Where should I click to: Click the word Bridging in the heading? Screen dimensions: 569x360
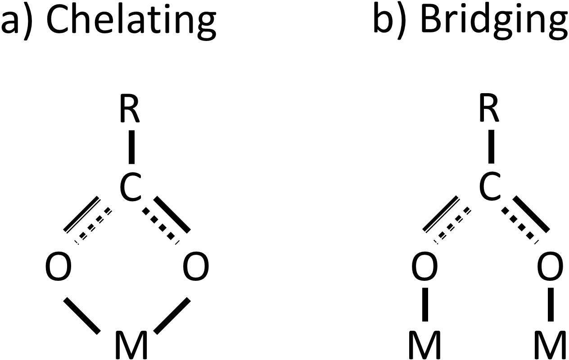point(493,20)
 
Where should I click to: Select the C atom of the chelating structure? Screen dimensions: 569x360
point(131,188)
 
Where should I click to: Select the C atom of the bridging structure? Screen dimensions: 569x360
point(490,188)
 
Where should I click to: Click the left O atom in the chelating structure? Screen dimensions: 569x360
point(59,266)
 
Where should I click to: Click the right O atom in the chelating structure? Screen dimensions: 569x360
point(196,266)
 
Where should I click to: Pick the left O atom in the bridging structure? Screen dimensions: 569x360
point(424,266)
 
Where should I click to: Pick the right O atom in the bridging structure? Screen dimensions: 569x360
point(551,266)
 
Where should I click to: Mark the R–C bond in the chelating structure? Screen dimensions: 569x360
point(131,148)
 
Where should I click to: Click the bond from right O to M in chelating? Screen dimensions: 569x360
point(172,315)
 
